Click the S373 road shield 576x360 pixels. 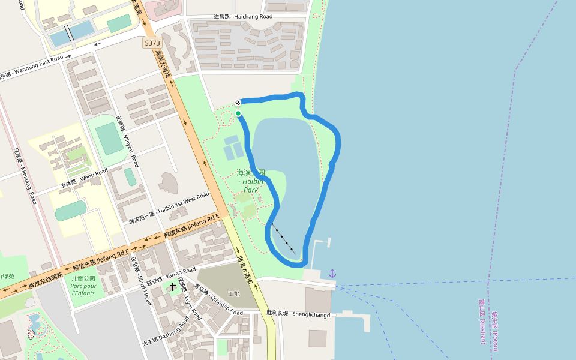(152, 43)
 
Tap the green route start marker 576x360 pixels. (238, 113)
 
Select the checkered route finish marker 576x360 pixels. (238, 103)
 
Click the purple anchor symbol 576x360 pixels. (332, 274)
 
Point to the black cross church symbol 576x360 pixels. (173, 286)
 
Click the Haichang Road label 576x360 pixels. (243, 17)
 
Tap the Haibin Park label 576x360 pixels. (251, 181)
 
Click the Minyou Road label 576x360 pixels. (127, 142)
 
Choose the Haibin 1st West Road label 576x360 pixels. (169, 208)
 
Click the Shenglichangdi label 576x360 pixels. (299, 314)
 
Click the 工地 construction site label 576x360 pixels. (233, 293)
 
